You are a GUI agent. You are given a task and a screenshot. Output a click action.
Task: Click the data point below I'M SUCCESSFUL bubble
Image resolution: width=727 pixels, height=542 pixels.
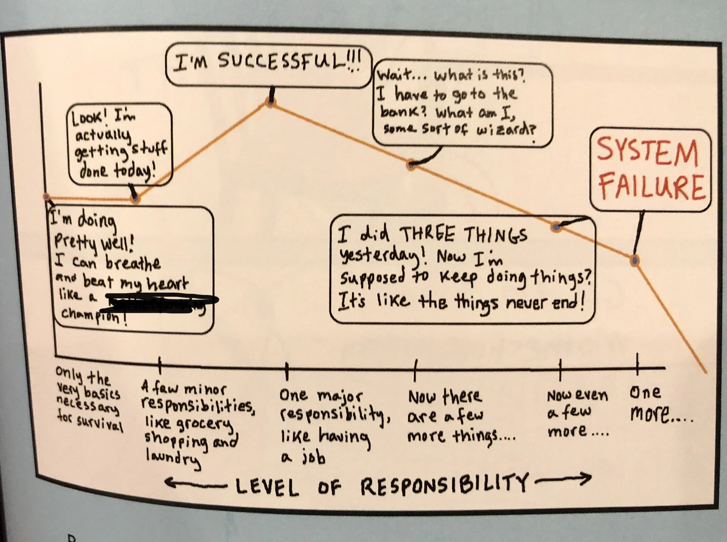pos(271,102)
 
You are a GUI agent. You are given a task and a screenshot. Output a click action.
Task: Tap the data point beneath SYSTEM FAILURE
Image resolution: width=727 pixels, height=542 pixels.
pos(634,260)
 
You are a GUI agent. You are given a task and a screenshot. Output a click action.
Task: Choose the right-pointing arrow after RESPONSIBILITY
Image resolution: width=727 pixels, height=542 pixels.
pos(563,480)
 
